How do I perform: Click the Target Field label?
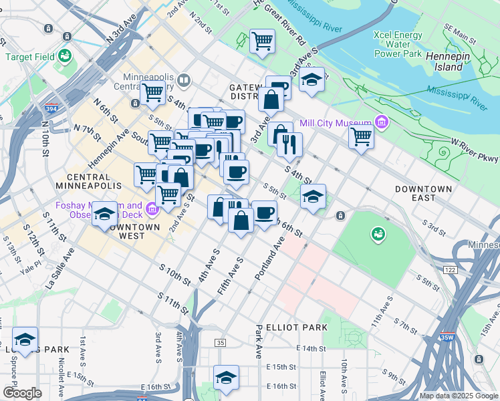point(30,57)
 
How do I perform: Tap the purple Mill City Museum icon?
point(382,122)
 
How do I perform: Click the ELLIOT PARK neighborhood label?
point(291,327)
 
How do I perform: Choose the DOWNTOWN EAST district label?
point(424,194)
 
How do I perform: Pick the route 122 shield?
point(450,269)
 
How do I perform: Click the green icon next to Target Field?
point(66,55)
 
